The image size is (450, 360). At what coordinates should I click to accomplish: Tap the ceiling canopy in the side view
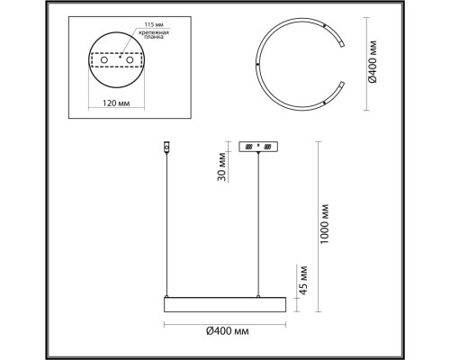pyautogui.click(x=261, y=147)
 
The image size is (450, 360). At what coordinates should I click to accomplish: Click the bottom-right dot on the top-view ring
pyautogui.click(x=324, y=104)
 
